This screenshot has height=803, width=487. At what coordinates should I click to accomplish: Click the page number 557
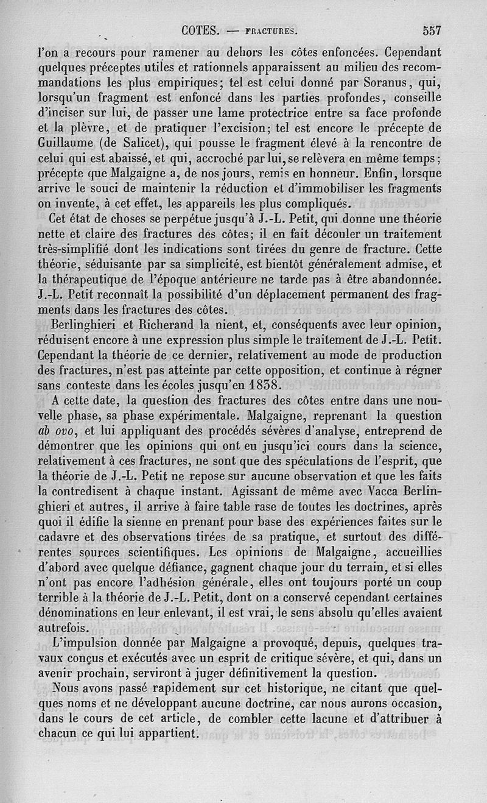click(430, 30)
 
